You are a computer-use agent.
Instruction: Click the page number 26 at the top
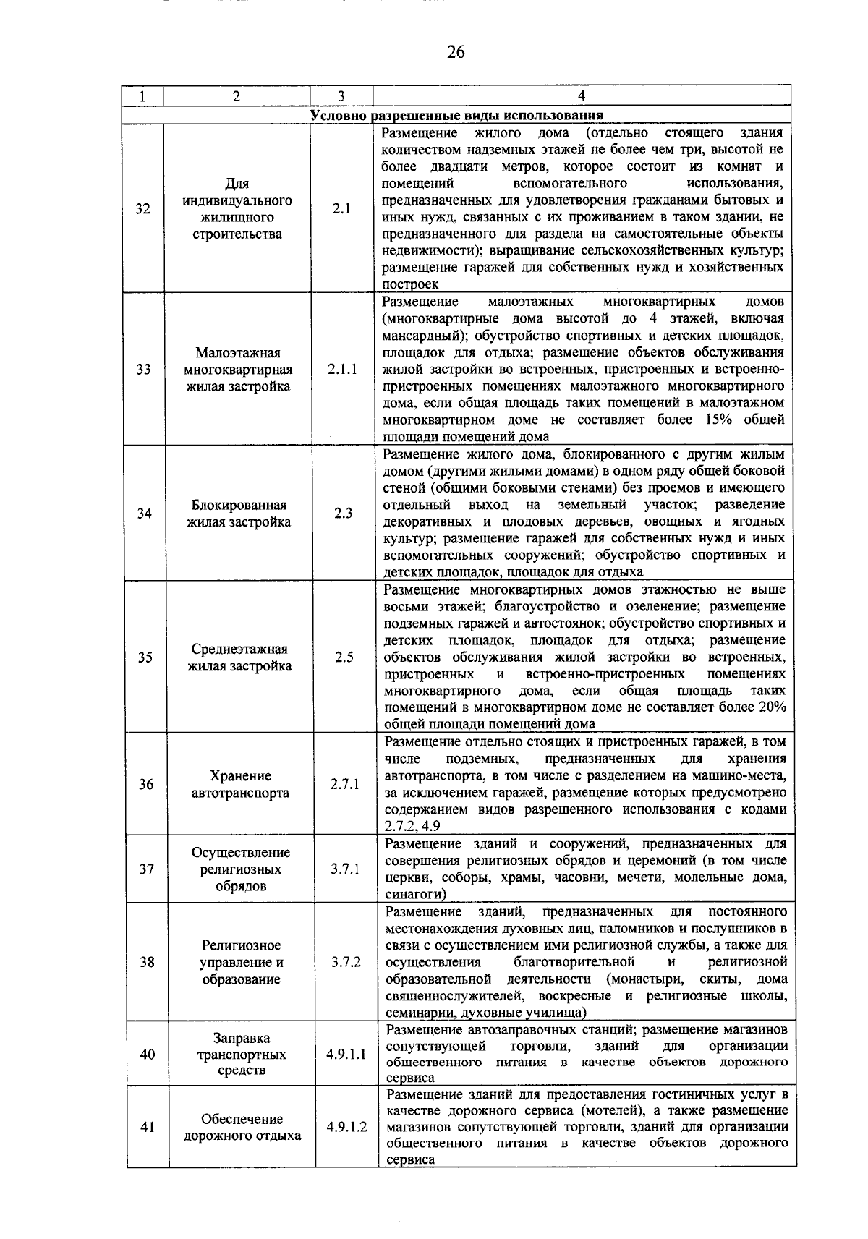[456, 52]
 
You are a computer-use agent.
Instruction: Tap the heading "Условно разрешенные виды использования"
[456, 116]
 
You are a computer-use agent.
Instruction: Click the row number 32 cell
[143, 209]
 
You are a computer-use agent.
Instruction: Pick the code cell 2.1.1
[342, 369]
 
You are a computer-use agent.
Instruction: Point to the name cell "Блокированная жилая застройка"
[239, 514]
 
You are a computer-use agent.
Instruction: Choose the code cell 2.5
[344, 657]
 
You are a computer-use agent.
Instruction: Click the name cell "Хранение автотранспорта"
[240, 784]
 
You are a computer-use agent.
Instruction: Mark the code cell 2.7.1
[345, 784]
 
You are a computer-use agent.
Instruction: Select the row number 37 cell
[146, 869]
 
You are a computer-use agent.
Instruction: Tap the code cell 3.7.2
[346, 962]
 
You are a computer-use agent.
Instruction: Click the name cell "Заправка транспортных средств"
[242, 1055]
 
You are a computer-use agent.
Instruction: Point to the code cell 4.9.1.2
[346, 1127]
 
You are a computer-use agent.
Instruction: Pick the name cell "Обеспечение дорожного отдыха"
[242, 1127]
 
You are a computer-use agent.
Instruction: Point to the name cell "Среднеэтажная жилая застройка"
[239, 657]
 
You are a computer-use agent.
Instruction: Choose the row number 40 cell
[147, 1055]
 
